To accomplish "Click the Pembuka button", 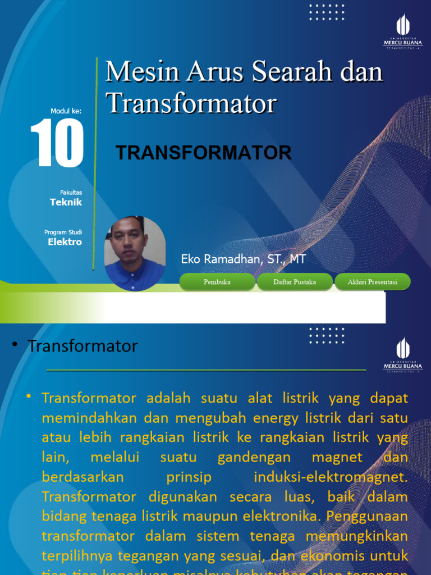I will coord(217,282).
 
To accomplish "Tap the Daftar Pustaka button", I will coord(295,282).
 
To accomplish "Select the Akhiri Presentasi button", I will coord(372,282).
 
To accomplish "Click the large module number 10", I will coord(57,143).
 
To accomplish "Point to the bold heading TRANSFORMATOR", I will coord(203,153).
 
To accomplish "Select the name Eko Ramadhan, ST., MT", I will coord(243,259).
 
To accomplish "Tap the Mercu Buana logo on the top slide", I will coord(403,31).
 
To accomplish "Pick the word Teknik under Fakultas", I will coord(66,202).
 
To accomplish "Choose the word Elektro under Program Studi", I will coord(65,242).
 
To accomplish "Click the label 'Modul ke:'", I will coord(66,111).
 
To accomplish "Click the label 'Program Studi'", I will coord(63,232).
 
